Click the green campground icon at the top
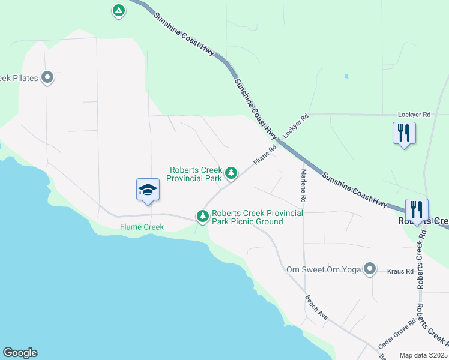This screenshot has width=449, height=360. click(x=119, y=11)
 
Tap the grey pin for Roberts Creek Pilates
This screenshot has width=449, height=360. click(x=47, y=77)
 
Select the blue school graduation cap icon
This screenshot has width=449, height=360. click(x=148, y=191)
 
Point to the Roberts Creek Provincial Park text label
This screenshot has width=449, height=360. click(x=194, y=174)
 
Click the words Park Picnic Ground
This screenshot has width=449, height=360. click(x=247, y=221)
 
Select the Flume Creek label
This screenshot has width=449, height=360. click(x=142, y=227)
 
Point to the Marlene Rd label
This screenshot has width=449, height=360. click(x=304, y=185)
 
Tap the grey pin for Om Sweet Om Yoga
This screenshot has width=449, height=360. click(x=370, y=269)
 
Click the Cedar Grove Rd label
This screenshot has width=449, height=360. click(x=397, y=335)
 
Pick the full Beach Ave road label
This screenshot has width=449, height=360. click(x=316, y=307)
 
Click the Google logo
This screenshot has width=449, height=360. click(x=20, y=353)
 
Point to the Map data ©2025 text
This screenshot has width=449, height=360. click(x=423, y=355)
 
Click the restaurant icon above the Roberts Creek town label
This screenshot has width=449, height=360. click(x=417, y=209)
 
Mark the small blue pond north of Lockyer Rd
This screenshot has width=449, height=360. click(x=346, y=77)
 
